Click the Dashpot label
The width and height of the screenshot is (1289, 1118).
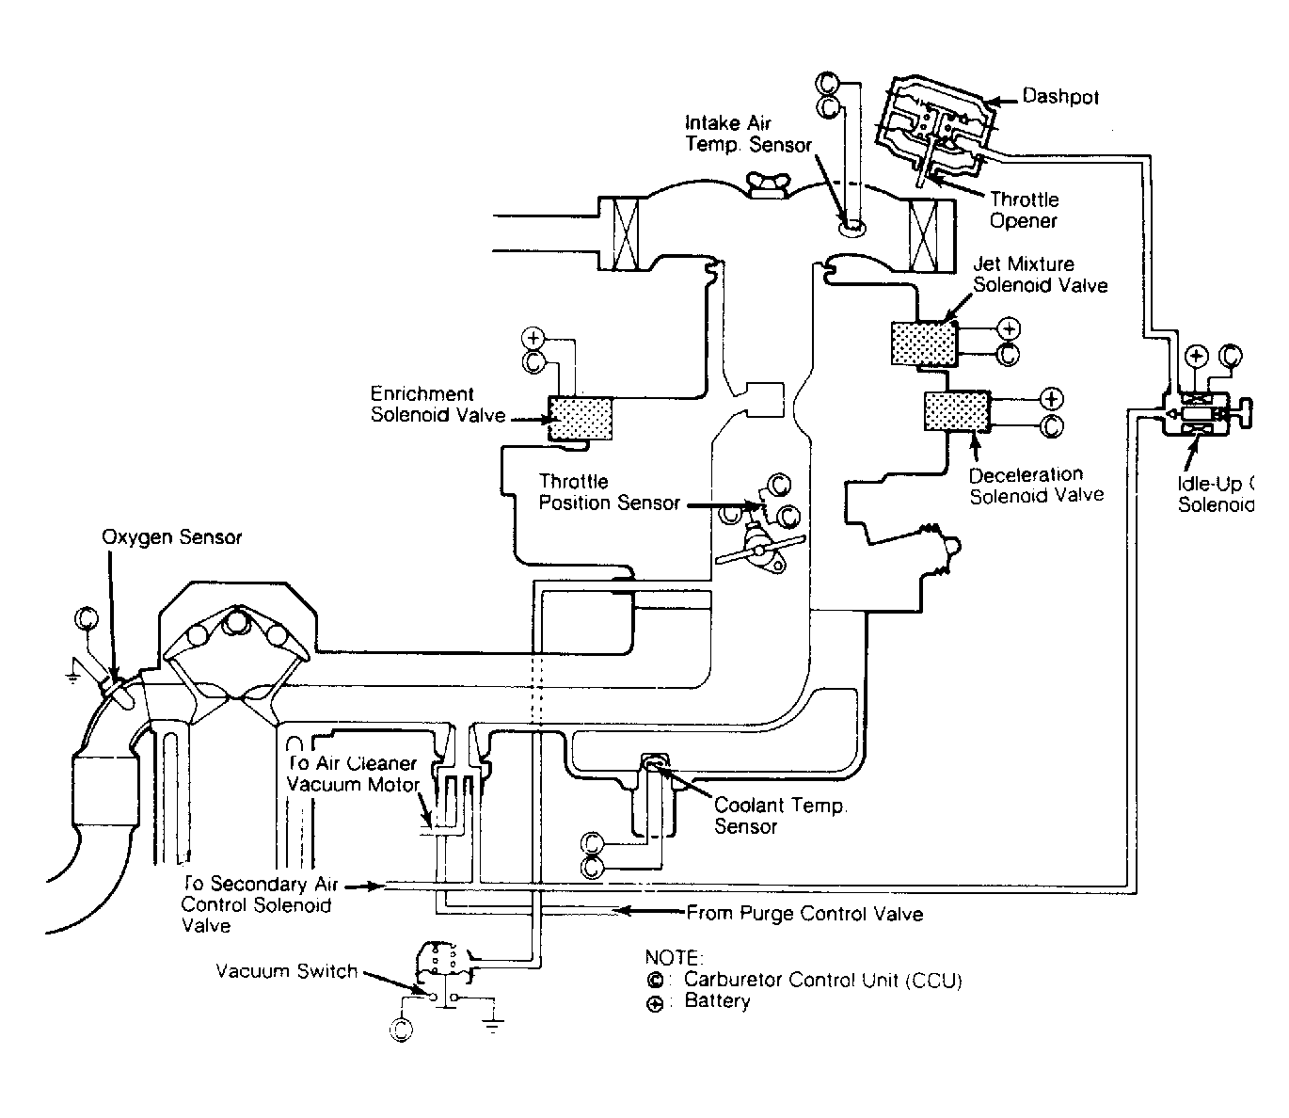(1060, 97)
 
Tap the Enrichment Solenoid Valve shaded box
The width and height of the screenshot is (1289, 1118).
(581, 417)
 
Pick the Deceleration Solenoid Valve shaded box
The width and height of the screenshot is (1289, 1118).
(956, 411)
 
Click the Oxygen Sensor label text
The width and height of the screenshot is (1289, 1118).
(172, 537)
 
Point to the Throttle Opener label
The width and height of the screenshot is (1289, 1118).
(1025, 210)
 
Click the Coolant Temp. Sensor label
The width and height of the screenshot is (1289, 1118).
(780, 816)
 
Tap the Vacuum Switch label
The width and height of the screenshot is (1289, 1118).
(286, 971)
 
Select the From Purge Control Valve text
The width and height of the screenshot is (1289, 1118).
(804, 913)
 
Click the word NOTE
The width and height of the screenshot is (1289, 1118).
(674, 958)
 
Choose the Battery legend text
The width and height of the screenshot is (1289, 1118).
(717, 1001)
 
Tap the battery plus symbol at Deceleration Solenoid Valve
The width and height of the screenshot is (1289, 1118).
(1052, 398)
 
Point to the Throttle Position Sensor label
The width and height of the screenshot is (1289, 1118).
(609, 492)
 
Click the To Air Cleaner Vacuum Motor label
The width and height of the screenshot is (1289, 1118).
(353, 774)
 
